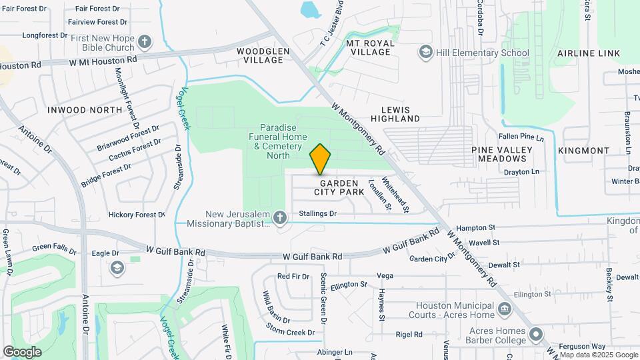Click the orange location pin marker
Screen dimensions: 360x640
click(321, 159)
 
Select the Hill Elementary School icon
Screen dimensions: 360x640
click(425, 52)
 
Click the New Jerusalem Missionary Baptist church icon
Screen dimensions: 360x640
click(280, 217)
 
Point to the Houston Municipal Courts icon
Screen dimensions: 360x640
click(504, 309)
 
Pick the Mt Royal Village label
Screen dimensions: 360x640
click(371, 47)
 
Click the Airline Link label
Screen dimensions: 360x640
click(589, 53)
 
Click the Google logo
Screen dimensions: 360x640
click(22, 351)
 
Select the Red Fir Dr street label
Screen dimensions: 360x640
click(293, 276)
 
